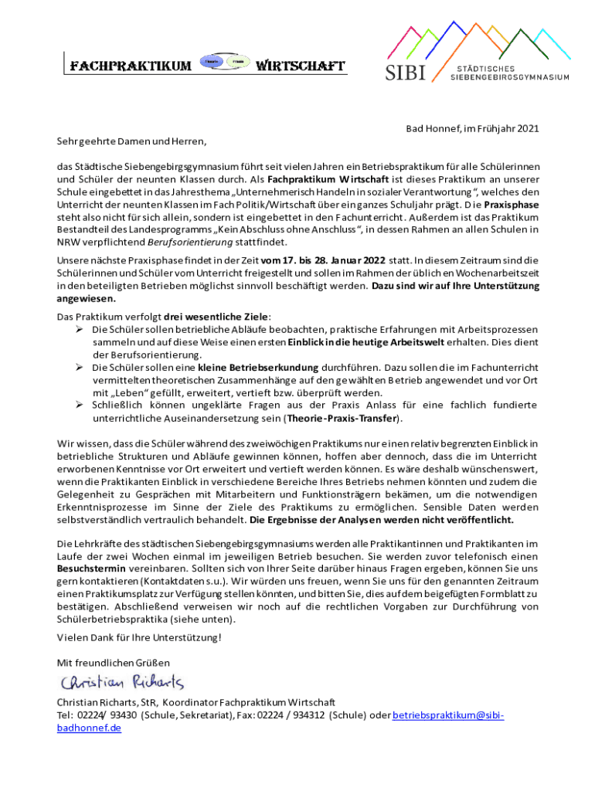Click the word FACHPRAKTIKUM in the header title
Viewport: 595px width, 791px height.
pyautogui.click(x=131, y=66)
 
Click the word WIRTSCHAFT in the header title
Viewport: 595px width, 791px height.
pyautogui.click(x=300, y=66)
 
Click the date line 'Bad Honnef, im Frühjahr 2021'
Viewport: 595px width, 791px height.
pyautogui.click(x=472, y=128)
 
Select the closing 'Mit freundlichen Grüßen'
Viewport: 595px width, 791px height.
pyautogui.click(x=114, y=663)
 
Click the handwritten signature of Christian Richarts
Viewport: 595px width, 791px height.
pyautogui.click(x=122, y=682)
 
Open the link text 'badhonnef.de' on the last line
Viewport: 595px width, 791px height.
pyautogui.click(x=90, y=728)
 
